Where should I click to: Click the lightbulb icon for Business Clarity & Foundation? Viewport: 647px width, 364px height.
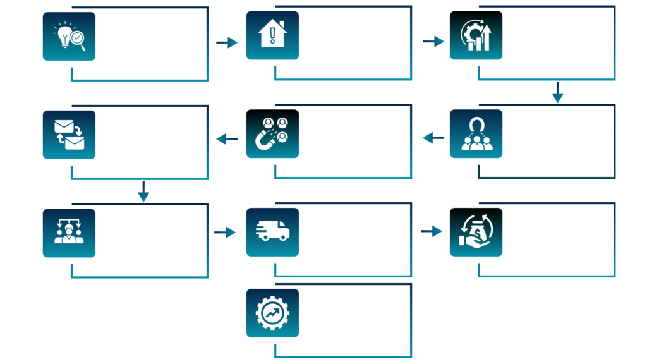(69, 36)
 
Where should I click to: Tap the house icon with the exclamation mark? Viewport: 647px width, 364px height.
(272, 36)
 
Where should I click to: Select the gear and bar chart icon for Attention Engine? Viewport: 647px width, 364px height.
(476, 36)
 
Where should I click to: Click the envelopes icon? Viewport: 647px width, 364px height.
(69, 135)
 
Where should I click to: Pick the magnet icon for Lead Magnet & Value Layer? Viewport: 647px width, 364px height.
(272, 135)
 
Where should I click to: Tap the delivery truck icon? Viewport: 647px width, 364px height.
(272, 233)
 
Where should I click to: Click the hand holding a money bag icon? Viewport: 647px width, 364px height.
(476, 233)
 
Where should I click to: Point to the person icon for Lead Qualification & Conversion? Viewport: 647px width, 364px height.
(69, 233)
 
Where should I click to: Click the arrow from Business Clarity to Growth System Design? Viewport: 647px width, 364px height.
(227, 43)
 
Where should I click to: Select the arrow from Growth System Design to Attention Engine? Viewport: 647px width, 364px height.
(433, 42)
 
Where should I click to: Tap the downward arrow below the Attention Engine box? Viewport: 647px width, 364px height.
(557, 96)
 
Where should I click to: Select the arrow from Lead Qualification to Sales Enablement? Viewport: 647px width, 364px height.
(225, 233)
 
